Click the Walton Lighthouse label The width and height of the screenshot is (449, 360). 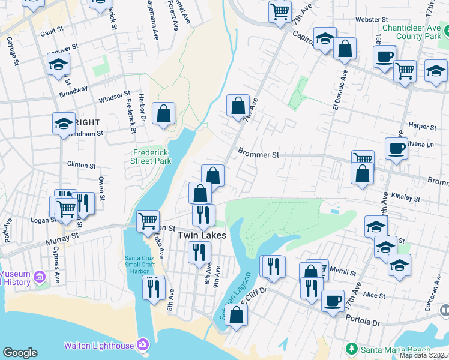[99, 345]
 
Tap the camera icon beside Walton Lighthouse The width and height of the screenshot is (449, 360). [143, 344]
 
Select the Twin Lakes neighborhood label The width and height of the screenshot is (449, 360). [202, 236]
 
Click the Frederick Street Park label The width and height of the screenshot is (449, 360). [151, 157]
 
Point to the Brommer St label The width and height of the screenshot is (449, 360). [259, 154]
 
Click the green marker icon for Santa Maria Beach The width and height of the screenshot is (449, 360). [351, 348]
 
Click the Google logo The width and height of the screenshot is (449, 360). [20, 353]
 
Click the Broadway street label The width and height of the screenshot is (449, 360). [73, 92]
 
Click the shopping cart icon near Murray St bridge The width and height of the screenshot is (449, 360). [148, 220]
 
